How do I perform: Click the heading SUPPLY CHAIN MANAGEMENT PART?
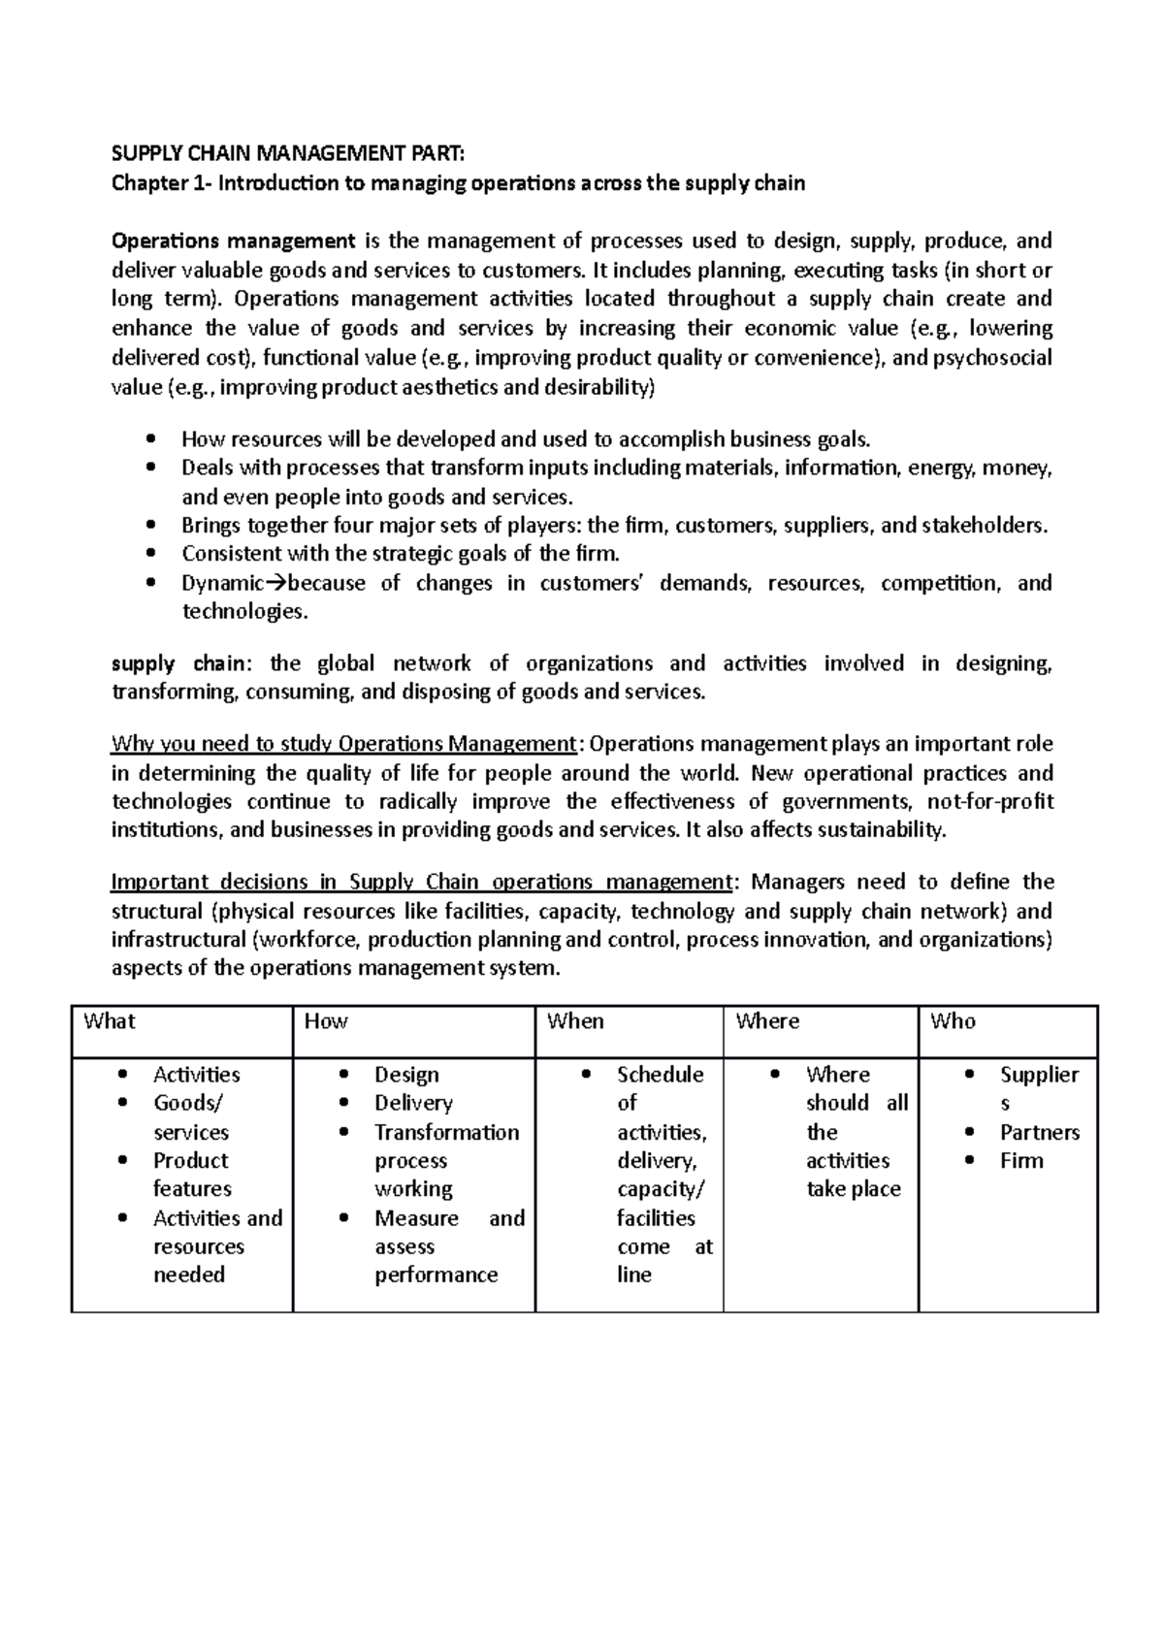(x=288, y=153)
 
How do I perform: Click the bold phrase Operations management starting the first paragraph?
(x=234, y=241)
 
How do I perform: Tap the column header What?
(x=109, y=1021)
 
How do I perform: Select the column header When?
(x=575, y=1021)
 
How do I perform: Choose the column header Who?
(x=953, y=1021)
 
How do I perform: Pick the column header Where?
(x=767, y=1021)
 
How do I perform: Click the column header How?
(x=326, y=1021)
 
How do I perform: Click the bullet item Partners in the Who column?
(x=1039, y=1132)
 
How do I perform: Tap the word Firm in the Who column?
(x=1021, y=1161)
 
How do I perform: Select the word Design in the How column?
(x=406, y=1075)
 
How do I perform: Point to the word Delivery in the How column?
(x=413, y=1103)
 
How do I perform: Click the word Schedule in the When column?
(x=660, y=1075)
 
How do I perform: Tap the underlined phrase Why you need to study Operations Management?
(x=344, y=744)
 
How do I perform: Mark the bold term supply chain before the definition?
(x=180, y=664)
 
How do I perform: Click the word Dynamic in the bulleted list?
(x=222, y=584)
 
